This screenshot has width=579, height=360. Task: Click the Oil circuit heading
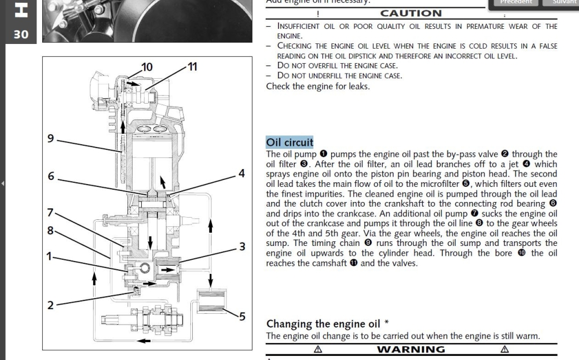pos(289,142)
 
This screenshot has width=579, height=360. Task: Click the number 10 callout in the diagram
pos(147,67)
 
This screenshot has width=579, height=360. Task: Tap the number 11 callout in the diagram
pos(192,67)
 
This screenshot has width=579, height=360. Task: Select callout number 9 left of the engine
pos(51,138)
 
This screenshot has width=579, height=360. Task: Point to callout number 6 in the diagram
pos(51,177)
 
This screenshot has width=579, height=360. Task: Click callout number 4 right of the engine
pos(241,174)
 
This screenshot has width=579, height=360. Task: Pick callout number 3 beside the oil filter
pos(242,247)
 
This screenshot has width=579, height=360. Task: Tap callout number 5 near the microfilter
pos(242,317)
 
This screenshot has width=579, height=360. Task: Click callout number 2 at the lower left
pos(51,306)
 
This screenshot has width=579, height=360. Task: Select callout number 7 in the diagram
pos(51,212)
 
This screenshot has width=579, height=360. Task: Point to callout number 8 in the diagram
pos(51,230)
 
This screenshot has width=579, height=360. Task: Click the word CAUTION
pos(411,13)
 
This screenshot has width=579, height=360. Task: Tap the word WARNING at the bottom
pos(411,349)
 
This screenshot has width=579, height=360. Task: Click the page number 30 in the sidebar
pos(21,35)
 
